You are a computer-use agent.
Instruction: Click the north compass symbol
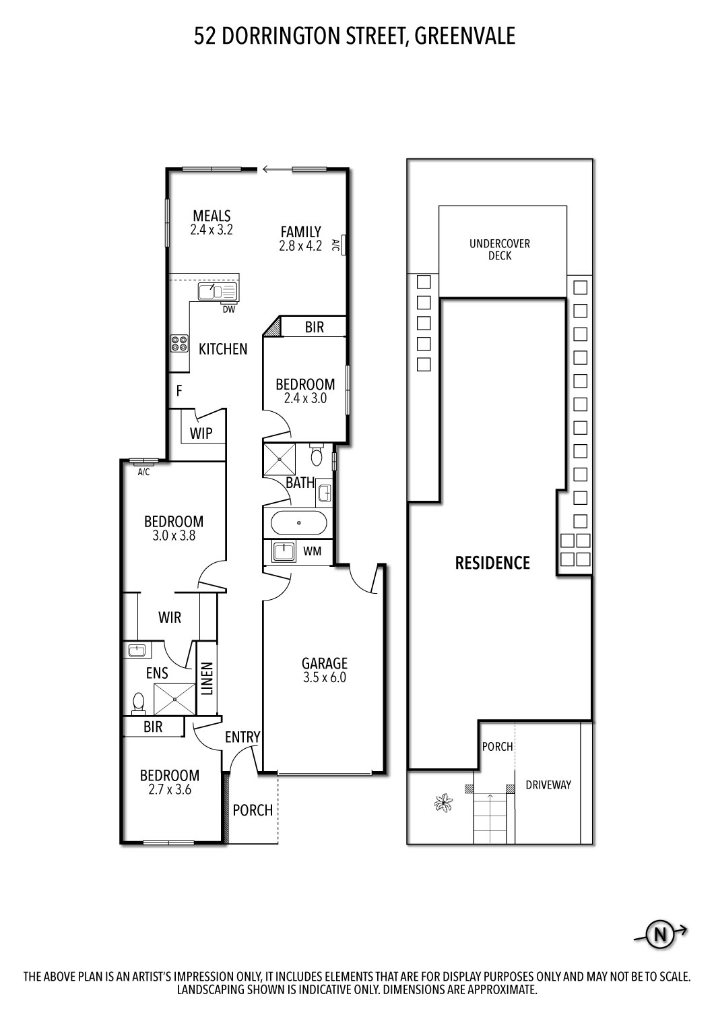click(x=660, y=934)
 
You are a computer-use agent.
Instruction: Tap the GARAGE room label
click(x=324, y=663)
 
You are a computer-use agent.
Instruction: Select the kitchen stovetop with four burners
click(x=179, y=344)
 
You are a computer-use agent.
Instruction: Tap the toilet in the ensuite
click(x=139, y=702)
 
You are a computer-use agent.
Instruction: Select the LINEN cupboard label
click(x=207, y=679)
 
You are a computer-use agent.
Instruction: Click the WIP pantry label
click(x=201, y=433)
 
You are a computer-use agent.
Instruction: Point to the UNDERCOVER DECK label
click(x=500, y=249)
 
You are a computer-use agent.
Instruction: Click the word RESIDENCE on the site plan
click(x=492, y=563)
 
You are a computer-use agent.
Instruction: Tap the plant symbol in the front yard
click(x=443, y=803)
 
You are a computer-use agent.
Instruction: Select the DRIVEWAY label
click(x=548, y=785)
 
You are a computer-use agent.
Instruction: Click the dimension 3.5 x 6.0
click(x=324, y=678)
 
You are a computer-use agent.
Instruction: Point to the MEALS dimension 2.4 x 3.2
click(x=212, y=229)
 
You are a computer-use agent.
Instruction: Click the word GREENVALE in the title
click(x=465, y=36)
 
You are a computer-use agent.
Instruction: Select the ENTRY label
click(x=242, y=737)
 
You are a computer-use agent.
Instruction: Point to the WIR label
click(x=170, y=617)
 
